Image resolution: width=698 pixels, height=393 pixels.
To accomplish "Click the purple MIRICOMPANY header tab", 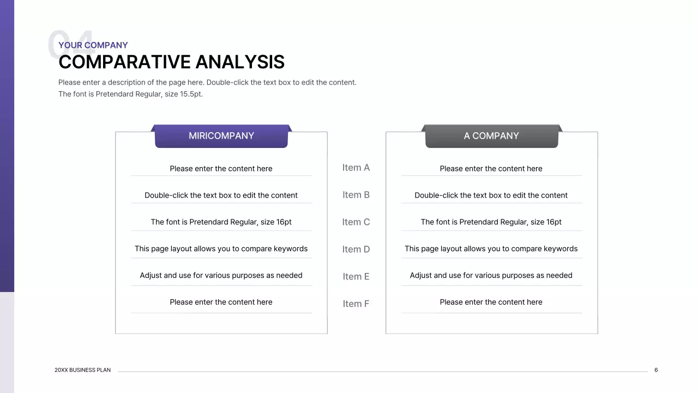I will (x=221, y=136).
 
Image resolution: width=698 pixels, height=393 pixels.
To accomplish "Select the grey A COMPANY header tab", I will (x=491, y=136).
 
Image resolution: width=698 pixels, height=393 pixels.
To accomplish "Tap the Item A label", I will (x=356, y=168).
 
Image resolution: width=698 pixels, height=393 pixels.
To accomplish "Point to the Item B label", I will (x=356, y=195).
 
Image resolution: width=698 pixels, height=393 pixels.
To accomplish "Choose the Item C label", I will (x=356, y=222).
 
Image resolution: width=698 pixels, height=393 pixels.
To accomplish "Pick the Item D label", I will (x=356, y=249).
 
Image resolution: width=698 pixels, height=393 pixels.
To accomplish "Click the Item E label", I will (x=356, y=277).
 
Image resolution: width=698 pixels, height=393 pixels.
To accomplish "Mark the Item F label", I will (x=356, y=304).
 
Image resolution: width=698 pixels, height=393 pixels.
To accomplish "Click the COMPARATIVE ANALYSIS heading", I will (x=171, y=62).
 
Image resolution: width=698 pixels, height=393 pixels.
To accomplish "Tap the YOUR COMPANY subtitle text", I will (x=93, y=45).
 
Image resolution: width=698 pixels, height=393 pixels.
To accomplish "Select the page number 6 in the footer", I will (x=656, y=370).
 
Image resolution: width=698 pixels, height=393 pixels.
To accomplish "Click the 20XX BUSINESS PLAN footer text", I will (x=82, y=370).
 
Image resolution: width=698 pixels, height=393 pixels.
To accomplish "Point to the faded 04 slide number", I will (x=71, y=45).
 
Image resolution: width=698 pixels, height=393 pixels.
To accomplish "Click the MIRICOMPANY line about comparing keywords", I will (x=221, y=249).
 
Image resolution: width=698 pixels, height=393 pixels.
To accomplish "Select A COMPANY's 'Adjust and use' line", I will (x=491, y=276).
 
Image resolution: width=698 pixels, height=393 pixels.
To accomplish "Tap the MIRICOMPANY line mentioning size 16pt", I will (x=221, y=222).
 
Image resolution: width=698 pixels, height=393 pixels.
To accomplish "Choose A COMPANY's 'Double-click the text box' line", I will (x=491, y=195).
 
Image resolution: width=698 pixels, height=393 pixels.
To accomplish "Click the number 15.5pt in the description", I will (x=191, y=94).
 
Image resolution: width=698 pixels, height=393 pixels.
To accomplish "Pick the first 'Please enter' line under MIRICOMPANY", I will (x=221, y=169).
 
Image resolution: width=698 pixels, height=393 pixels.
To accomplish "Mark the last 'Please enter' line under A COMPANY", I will (x=491, y=302).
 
